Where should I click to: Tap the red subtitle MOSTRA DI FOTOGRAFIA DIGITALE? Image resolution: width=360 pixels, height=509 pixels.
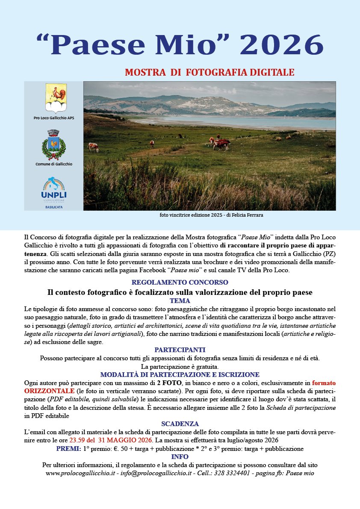click(x=210, y=72)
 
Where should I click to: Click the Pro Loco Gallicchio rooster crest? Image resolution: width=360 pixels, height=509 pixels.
click(x=54, y=99)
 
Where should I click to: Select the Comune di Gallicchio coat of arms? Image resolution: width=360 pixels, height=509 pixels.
click(x=54, y=145)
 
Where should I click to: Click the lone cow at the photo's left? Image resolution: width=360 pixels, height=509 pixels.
click(x=93, y=147)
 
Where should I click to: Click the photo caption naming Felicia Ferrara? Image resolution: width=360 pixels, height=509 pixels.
click(x=209, y=215)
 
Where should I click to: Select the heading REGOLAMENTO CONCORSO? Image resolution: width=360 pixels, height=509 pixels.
click(x=180, y=282)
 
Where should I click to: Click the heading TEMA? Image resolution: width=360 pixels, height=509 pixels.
click(x=180, y=301)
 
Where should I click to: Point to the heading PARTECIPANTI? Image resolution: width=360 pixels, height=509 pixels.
click(x=180, y=350)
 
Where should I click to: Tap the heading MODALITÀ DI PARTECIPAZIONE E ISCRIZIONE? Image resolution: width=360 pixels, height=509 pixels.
click(x=180, y=374)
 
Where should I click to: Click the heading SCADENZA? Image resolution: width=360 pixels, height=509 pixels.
click(x=180, y=424)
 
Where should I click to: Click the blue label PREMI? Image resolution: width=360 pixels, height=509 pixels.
click(x=68, y=449)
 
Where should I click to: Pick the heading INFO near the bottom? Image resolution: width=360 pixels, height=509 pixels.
click(x=180, y=457)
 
